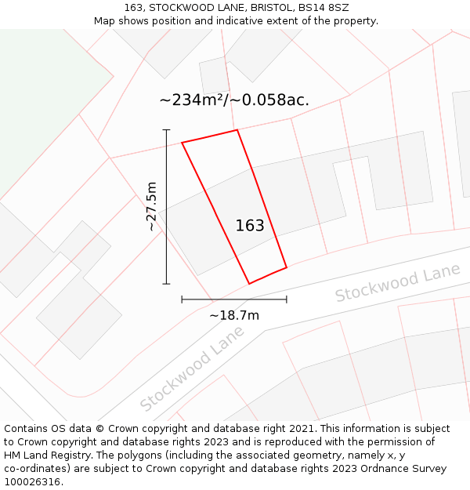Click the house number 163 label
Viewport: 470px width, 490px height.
(x=250, y=226)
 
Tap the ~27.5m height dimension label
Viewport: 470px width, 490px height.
(x=151, y=206)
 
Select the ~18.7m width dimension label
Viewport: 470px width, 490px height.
(x=233, y=315)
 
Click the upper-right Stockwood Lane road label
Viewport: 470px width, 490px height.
(x=397, y=283)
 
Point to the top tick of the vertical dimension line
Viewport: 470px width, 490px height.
(x=166, y=129)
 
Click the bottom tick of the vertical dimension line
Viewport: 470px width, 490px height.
(x=166, y=283)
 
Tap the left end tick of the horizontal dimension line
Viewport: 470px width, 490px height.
(x=182, y=299)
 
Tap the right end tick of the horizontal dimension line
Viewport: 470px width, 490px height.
(x=287, y=299)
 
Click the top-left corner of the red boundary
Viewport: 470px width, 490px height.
(x=183, y=143)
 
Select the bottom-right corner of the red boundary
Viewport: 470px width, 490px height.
(x=287, y=267)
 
